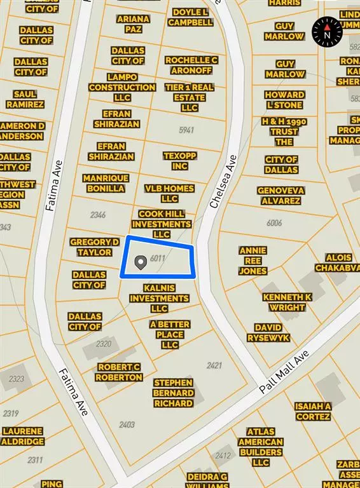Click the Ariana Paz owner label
(x=133, y=24)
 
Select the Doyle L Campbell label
(x=190, y=17)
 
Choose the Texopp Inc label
(x=180, y=161)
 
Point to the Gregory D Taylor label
(x=95, y=247)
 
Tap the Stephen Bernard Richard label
(x=173, y=393)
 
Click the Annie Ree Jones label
(x=253, y=261)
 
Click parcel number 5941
(x=186, y=130)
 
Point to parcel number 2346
(x=98, y=215)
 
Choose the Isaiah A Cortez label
(x=313, y=411)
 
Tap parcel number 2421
(x=214, y=365)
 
